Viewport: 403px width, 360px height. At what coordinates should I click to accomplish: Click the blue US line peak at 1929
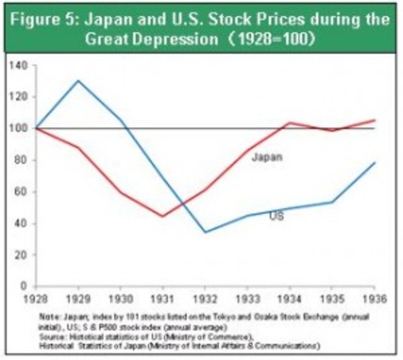77,81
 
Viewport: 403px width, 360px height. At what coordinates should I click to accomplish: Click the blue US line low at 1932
204,232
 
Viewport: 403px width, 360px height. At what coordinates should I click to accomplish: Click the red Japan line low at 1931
162,216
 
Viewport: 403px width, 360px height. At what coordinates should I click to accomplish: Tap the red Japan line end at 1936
374,120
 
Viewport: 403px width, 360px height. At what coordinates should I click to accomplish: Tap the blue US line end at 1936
374,163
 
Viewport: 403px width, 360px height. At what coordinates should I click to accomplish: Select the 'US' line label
275,216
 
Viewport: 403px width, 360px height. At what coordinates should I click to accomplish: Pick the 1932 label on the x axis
204,298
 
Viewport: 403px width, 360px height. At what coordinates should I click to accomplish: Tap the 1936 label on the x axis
374,298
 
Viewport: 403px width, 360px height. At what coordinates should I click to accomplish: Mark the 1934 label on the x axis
289,298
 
